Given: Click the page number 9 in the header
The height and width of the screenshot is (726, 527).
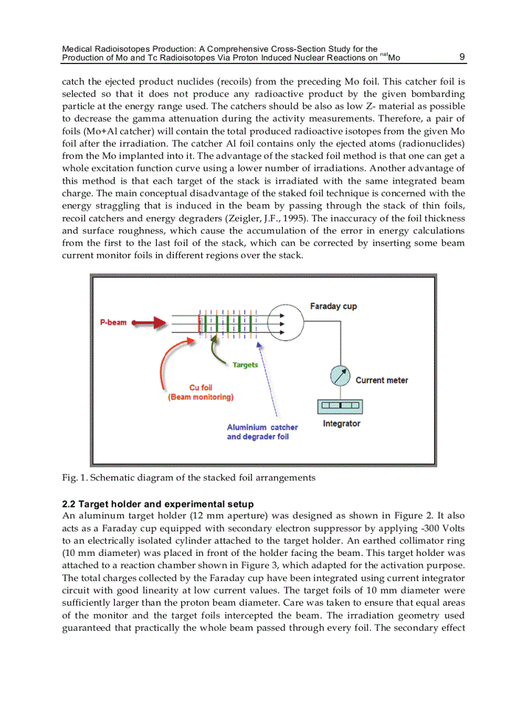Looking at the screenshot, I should (462, 57).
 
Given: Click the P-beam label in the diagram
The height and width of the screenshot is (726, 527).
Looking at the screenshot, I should (113, 322).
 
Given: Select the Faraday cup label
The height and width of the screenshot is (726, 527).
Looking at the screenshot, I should (333, 305).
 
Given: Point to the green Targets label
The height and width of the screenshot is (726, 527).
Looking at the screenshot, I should (245, 365).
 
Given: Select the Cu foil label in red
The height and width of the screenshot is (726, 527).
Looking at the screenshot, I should (201, 388).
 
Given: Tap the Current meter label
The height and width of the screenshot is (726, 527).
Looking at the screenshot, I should (382, 380).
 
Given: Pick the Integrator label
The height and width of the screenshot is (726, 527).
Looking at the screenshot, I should (341, 424).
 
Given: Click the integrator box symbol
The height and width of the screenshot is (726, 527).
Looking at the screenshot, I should (339, 407).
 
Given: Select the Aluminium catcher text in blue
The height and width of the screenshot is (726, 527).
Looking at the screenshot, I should (262, 427).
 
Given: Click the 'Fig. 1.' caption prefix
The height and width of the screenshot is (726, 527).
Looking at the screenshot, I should (73, 478).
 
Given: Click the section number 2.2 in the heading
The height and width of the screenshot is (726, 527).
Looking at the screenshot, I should (68, 504).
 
